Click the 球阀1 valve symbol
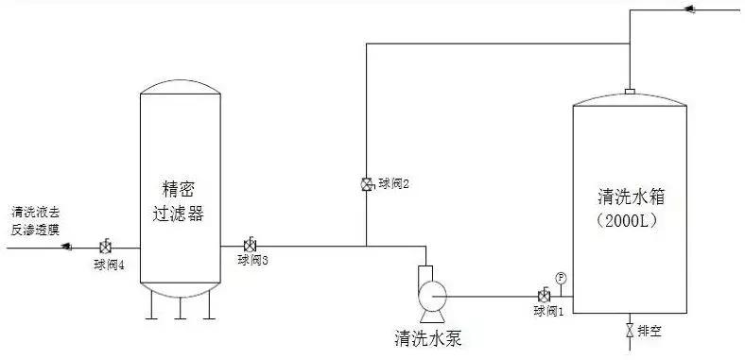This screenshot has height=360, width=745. click(x=544, y=296)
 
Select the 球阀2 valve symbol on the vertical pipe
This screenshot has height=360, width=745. click(x=366, y=184)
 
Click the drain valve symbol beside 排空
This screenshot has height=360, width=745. click(x=629, y=332)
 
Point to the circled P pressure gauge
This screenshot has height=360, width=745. click(x=561, y=278)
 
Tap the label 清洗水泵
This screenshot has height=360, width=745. click(x=428, y=336)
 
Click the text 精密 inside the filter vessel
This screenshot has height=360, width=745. click(x=179, y=192)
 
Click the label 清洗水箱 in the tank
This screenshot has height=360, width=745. click(x=632, y=198)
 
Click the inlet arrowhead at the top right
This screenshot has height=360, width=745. click(x=688, y=10)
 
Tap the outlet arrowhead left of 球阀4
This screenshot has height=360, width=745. click(x=66, y=248)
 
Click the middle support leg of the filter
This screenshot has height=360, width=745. click(x=179, y=308)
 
